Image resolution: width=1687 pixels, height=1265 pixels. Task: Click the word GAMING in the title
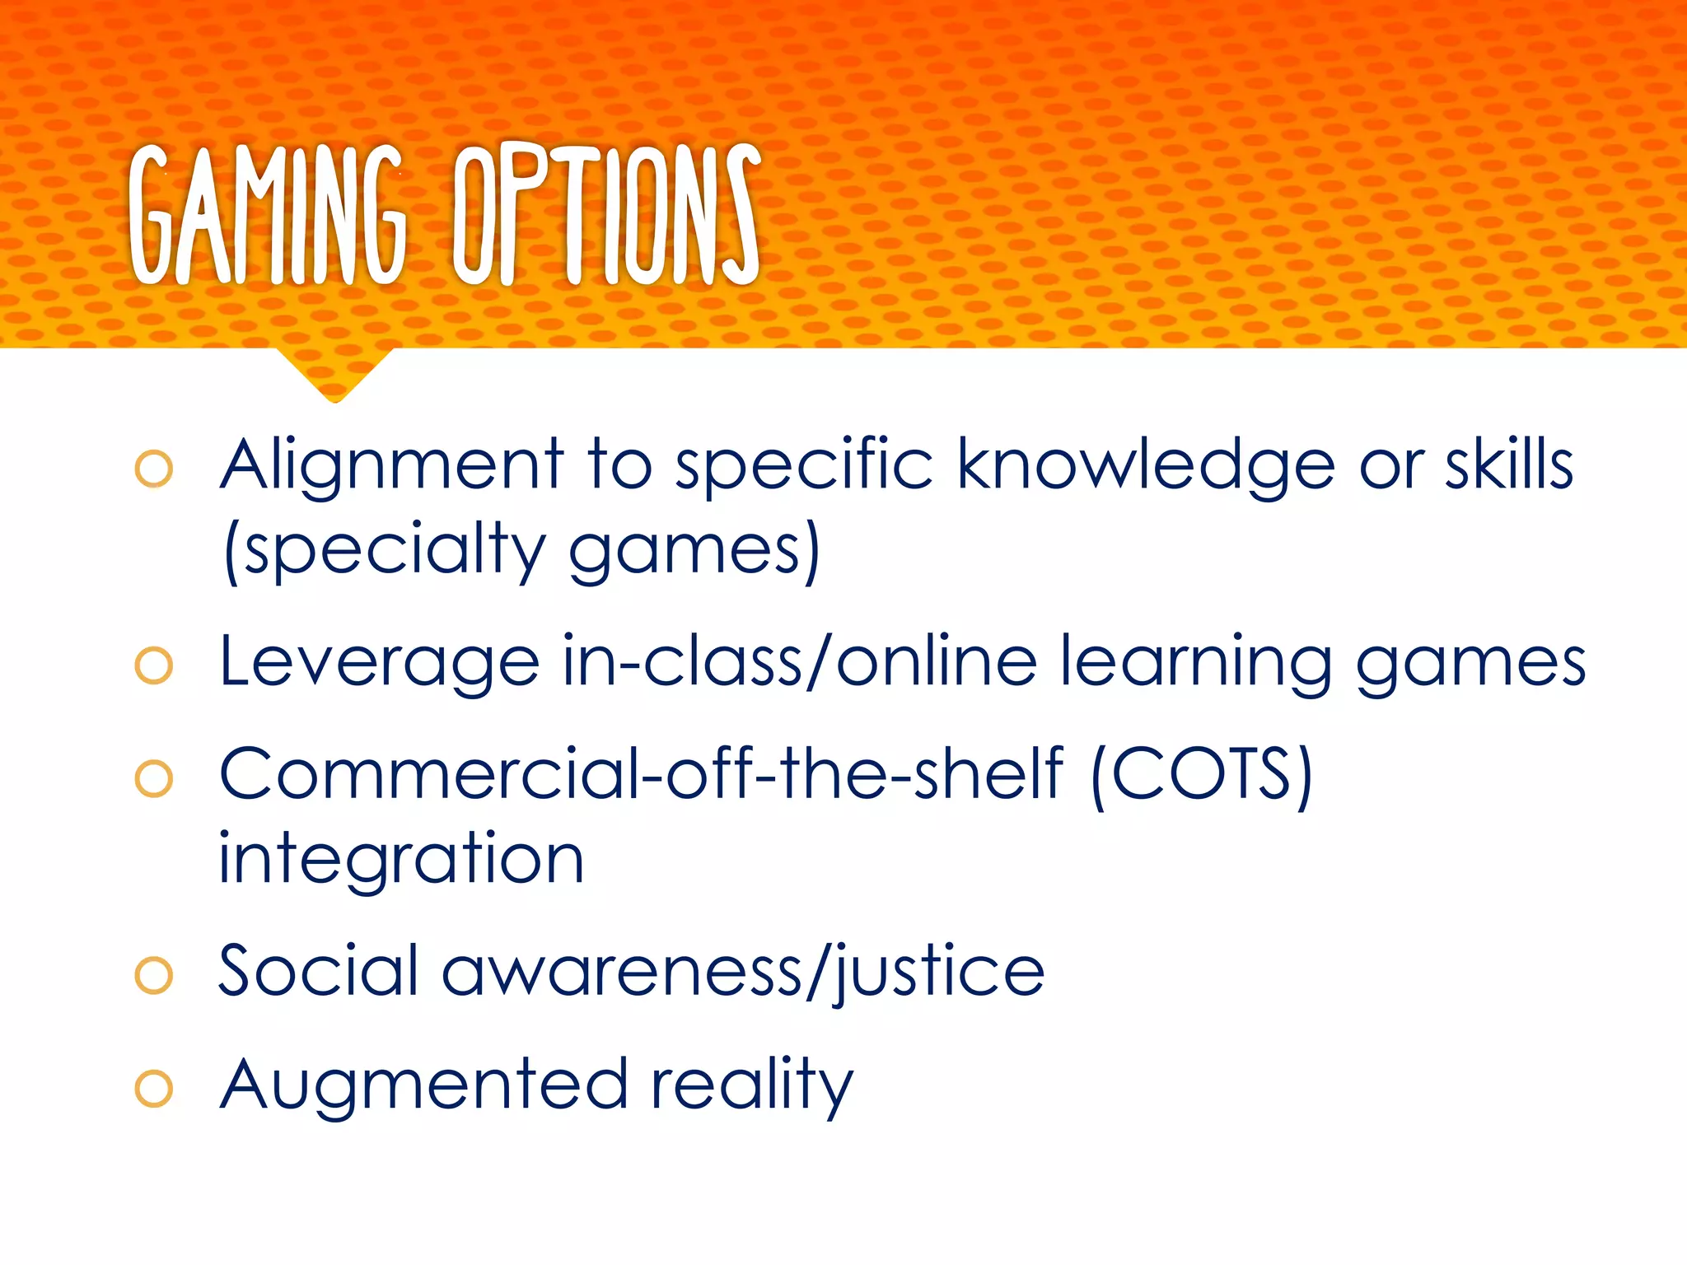pyautogui.click(x=268, y=216)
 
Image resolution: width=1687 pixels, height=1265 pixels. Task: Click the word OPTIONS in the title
pyautogui.click(x=606, y=216)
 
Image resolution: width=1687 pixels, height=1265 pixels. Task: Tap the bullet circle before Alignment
pyautogui.click(x=154, y=469)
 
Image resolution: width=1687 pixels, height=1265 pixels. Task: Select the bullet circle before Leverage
pyautogui.click(x=154, y=665)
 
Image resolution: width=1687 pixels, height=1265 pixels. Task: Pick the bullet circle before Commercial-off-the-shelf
pyautogui.click(x=154, y=778)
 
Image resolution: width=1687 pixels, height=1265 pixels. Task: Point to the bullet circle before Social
pyautogui.click(x=154, y=976)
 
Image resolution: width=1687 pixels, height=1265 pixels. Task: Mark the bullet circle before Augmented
pyautogui.click(x=154, y=1089)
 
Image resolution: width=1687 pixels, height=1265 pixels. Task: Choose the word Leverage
pyautogui.click(x=380, y=663)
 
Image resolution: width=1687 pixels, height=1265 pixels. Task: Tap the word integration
pyautogui.click(x=401, y=859)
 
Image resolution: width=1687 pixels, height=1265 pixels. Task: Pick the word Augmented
pyautogui.click(x=424, y=1085)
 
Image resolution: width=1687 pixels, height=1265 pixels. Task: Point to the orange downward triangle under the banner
pyautogui.click(x=334, y=373)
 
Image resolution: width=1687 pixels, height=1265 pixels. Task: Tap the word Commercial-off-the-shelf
pyautogui.click(x=641, y=774)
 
